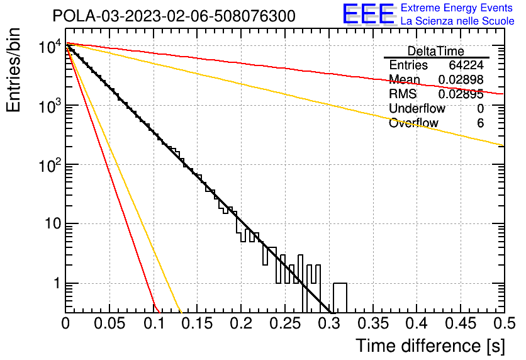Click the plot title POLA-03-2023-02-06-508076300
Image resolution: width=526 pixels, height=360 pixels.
[x=174, y=16]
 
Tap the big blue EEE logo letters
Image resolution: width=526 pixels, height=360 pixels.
[x=368, y=14]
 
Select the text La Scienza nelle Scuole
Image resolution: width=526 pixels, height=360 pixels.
[x=457, y=21]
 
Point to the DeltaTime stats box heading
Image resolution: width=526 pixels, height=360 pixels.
[x=435, y=51]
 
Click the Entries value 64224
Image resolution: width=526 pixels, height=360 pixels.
[x=466, y=65]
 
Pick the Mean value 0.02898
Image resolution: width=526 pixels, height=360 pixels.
[x=461, y=80]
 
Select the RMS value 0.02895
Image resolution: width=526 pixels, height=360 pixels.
[x=461, y=94]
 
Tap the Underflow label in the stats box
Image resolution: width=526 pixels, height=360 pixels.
[x=417, y=109]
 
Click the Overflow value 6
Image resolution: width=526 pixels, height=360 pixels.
[x=480, y=123]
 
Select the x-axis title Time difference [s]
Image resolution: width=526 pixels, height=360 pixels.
[x=430, y=346]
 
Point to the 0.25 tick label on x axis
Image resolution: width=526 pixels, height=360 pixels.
[x=284, y=323]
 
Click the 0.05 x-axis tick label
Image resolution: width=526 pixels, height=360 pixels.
[x=109, y=323]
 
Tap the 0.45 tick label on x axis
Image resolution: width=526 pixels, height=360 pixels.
[x=460, y=323]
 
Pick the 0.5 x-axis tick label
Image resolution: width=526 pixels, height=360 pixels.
[x=503, y=323]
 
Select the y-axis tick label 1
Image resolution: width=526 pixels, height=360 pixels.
[x=55, y=284]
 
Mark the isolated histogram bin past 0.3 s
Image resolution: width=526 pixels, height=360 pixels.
[x=340, y=297]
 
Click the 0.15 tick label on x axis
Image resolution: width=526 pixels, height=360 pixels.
[x=197, y=323]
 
